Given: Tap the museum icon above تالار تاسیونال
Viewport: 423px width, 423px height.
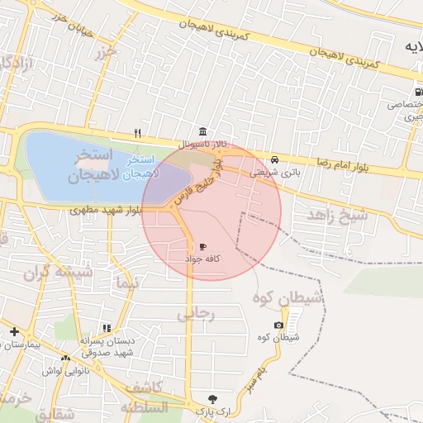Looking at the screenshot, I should point(202,132).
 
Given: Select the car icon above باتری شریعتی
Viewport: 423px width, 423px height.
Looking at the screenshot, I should point(274,160).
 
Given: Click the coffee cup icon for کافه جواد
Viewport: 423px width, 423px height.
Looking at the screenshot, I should point(202,247).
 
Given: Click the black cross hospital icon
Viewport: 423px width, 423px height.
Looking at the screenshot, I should point(14,331).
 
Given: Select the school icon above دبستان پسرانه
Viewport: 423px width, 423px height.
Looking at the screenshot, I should point(106,328).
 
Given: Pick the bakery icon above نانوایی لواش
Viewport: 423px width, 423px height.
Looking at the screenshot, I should point(65,358).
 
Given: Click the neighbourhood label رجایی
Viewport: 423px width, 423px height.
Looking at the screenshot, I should point(197,314).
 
